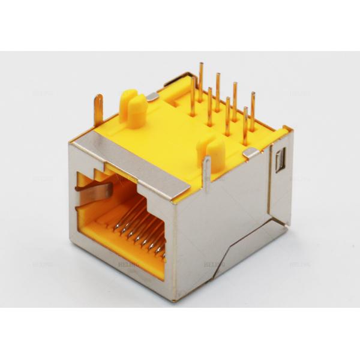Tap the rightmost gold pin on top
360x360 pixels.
point(253,111)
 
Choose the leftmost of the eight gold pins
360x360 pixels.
point(193,96)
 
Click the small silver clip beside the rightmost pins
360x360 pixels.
point(252,153)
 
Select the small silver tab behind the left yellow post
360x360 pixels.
point(152,96)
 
